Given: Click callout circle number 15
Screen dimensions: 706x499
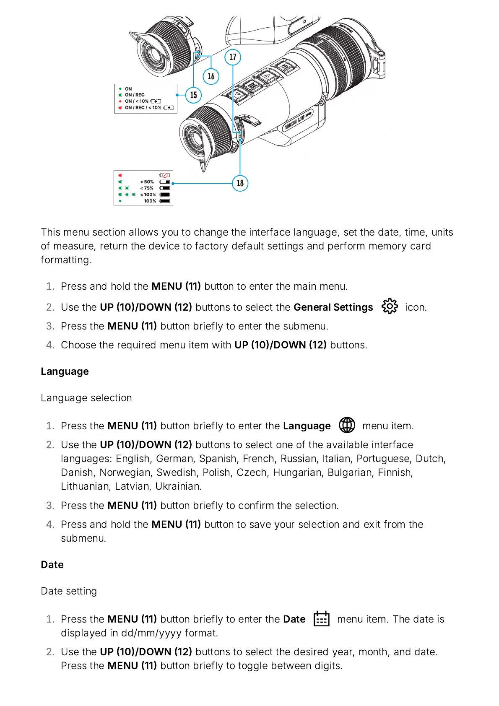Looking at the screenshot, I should pyautogui.click(x=193, y=95).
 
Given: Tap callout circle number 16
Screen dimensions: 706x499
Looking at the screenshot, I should pyautogui.click(x=211, y=76).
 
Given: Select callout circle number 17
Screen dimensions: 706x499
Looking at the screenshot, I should pyautogui.click(x=233, y=57).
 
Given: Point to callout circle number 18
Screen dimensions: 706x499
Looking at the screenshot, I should pyautogui.click(x=240, y=183).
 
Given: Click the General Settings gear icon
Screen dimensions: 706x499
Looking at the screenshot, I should pyautogui.click(x=390, y=306).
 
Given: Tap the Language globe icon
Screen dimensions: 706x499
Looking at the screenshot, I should pyautogui.click(x=347, y=425).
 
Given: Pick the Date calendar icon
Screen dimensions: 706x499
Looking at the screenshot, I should pyautogui.click(x=322, y=618).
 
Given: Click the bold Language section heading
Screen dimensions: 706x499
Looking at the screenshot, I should pyautogui.click(x=65, y=371).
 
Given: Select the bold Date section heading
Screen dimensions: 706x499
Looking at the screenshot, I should pyautogui.click(x=52, y=565).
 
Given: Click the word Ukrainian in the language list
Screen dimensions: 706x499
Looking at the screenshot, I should pyautogui.click(x=178, y=486).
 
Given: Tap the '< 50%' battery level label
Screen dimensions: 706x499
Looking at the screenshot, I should pyautogui.click(x=147, y=182).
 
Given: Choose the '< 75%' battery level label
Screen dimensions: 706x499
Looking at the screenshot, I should pyautogui.click(x=147, y=188).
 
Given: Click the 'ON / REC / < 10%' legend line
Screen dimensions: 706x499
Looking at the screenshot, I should pyautogui.click(x=143, y=108).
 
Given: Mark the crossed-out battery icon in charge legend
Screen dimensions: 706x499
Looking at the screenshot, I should pyautogui.click(x=164, y=175).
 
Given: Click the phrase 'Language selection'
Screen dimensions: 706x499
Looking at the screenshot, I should pyautogui.click(x=86, y=398).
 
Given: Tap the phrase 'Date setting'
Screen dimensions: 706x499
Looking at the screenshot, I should pyautogui.click(x=69, y=591).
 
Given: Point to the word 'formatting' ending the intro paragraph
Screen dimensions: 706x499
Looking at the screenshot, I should pyautogui.click(x=65, y=260).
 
